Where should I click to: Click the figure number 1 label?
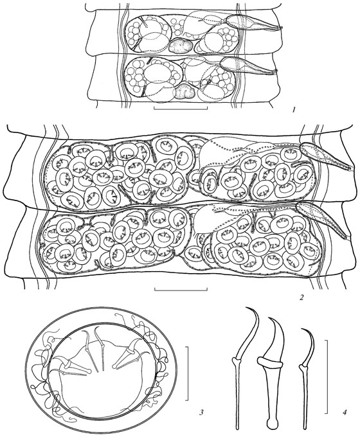293,111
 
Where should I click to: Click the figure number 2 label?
301,298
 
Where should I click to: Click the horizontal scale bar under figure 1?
181,108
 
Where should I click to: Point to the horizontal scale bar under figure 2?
181,289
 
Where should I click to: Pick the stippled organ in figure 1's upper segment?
181,45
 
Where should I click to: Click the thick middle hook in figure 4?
272,373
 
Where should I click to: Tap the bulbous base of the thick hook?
272,423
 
